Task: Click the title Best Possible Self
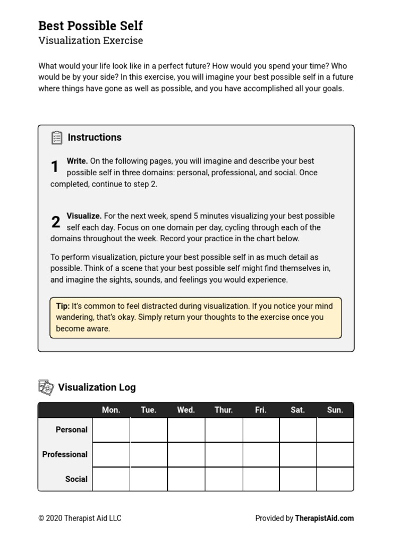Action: pyautogui.click(x=90, y=25)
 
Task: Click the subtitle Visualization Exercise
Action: pyautogui.click(x=90, y=40)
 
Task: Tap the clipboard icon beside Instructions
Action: pyautogui.click(x=57, y=138)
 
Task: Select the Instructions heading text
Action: pyautogui.click(x=95, y=138)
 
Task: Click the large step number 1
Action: pyautogui.click(x=55, y=167)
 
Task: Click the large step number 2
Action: pyautogui.click(x=55, y=223)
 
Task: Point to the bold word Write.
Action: pyautogui.click(x=77, y=161)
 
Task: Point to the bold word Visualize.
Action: pyautogui.click(x=84, y=216)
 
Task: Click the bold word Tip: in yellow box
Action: pyautogui.click(x=63, y=306)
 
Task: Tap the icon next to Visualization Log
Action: pyautogui.click(x=46, y=387)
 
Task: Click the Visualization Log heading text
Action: pyautogui.click(x=97, y=387)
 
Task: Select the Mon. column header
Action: pyautogui.click(x=111, y=410)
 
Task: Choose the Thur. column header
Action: pyautogui.click(x=224, y=410)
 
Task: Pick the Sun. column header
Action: pyautogui.click(x=335, y=410)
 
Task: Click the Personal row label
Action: pyautogui.click(x=71, y=430)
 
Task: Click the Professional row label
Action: pyautogui.click(x=65, y=455)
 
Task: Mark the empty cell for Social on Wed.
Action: pyautogui.click(x=186, y=479)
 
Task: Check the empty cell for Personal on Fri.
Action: pyautogui.click(x=261, y=430)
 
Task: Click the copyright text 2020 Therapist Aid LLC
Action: pyautogui.click(x=80, y=518)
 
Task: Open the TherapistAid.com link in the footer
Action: pyautogui.click(x=324, y=518)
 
